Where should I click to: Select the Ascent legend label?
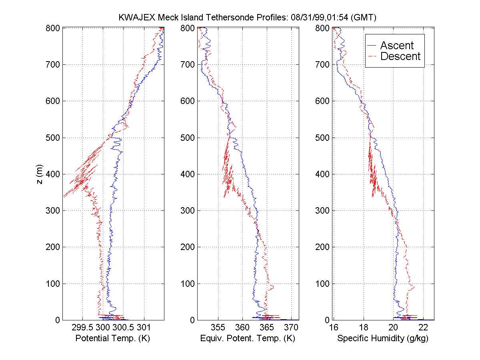(x=397, y=46)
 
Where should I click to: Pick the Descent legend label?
(x=400, y=56)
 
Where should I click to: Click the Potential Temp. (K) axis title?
(x=112, y=338)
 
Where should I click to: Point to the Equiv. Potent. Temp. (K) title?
(x=247, y=338)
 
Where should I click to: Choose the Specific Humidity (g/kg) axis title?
(x=383, y=338)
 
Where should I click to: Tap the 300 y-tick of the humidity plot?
(x=322, y=210)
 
